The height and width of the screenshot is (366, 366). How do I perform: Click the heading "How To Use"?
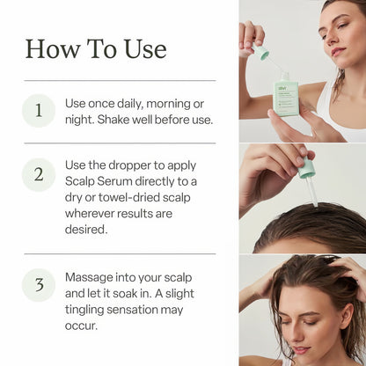[x=96, y=48]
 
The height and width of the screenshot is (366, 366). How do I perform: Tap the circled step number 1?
[x=39, y=112]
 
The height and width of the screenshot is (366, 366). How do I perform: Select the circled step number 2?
[x=39, y=174]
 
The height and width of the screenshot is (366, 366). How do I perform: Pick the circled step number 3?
[x=39, y=284]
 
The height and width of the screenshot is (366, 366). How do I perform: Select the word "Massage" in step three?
[x=91, y=277]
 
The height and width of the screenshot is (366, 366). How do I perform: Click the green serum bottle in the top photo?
[x=286, y=94]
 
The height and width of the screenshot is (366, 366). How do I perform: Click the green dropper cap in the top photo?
[x=262, y=54]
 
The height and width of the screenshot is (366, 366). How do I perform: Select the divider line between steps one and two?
[x=120, y=143]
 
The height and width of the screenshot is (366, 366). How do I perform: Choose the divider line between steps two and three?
[x=120, y=253]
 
